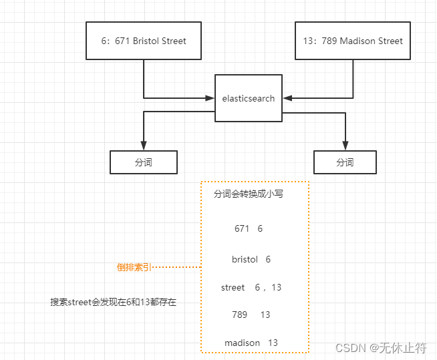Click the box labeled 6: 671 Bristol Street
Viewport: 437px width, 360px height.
coord(144,41)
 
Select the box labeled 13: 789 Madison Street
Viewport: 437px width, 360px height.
coord(353,41)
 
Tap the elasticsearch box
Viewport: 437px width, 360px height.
coord(249,98)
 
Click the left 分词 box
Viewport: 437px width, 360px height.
coord(144,162)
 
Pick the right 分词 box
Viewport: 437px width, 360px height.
coord(345,162)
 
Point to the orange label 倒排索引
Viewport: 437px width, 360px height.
coord(134,267)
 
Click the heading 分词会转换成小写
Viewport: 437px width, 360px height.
coord(248,194)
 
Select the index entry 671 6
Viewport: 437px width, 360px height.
coord(249,228)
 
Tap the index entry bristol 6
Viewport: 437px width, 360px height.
coord(251,259)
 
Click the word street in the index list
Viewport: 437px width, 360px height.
coord(233,287)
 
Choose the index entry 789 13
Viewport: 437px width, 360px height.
coord(251,315)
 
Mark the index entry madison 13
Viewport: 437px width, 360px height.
coord(251,343)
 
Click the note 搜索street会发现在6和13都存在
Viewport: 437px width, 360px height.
coord(113,302)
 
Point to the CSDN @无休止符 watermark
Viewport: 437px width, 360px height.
coord(381,348)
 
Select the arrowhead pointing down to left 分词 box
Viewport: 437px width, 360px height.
coord(144,146)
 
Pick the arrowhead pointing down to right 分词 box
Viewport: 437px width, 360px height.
coord(345,146)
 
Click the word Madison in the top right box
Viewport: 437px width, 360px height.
coord(357,41)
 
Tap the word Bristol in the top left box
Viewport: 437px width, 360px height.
coord(146,41)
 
